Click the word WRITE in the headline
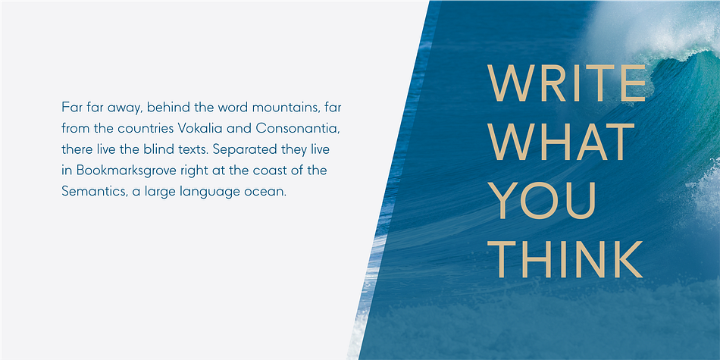click(x=567, y=83)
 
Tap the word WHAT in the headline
click(x=561, y=142)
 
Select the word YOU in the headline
click(x=542, y=201)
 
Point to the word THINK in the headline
click(x=565, y=260)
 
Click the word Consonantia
click(x=298, y=128)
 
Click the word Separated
click(x=242, y=150)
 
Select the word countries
click(x=145, y=129)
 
